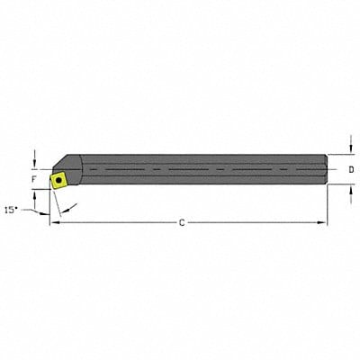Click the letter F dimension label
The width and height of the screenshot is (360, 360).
[x=33, y=178]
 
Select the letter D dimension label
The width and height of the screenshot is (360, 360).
[x=350, y=169]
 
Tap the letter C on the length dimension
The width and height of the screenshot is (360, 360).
[x=182, y=222]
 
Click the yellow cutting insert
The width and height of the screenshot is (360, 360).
[x=58, y=180]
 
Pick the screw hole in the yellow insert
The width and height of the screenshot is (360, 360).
[x=58, y=180]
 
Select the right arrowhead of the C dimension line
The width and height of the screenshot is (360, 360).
[x=323, y=221]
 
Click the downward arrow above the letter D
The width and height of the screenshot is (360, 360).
[x=349, y=148]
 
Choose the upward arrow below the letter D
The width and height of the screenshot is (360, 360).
[x=349, y=192]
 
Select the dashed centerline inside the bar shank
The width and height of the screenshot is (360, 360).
[x=198, y=169]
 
